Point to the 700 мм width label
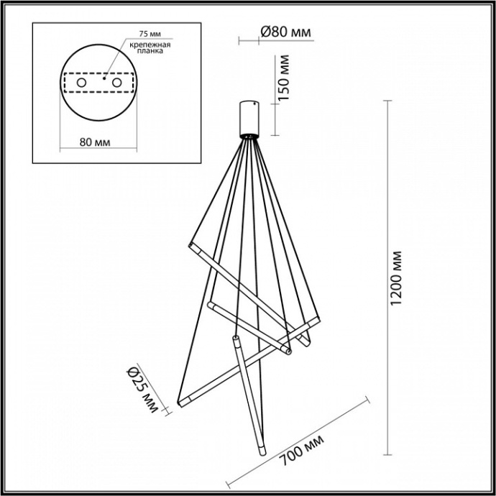coord(300,449)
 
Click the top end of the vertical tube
coord(234,339)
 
